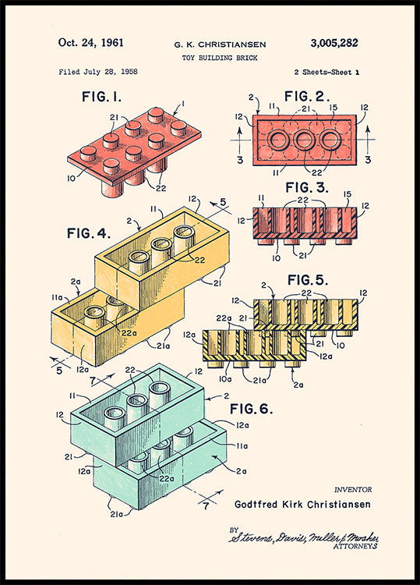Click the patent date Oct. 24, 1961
pos(91,43)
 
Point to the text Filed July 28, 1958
pos(98,72)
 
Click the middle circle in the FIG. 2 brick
pos(305,141)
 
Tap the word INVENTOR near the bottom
pos(353,490)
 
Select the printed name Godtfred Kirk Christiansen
pos(303,504)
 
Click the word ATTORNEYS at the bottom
pos(355,547)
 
